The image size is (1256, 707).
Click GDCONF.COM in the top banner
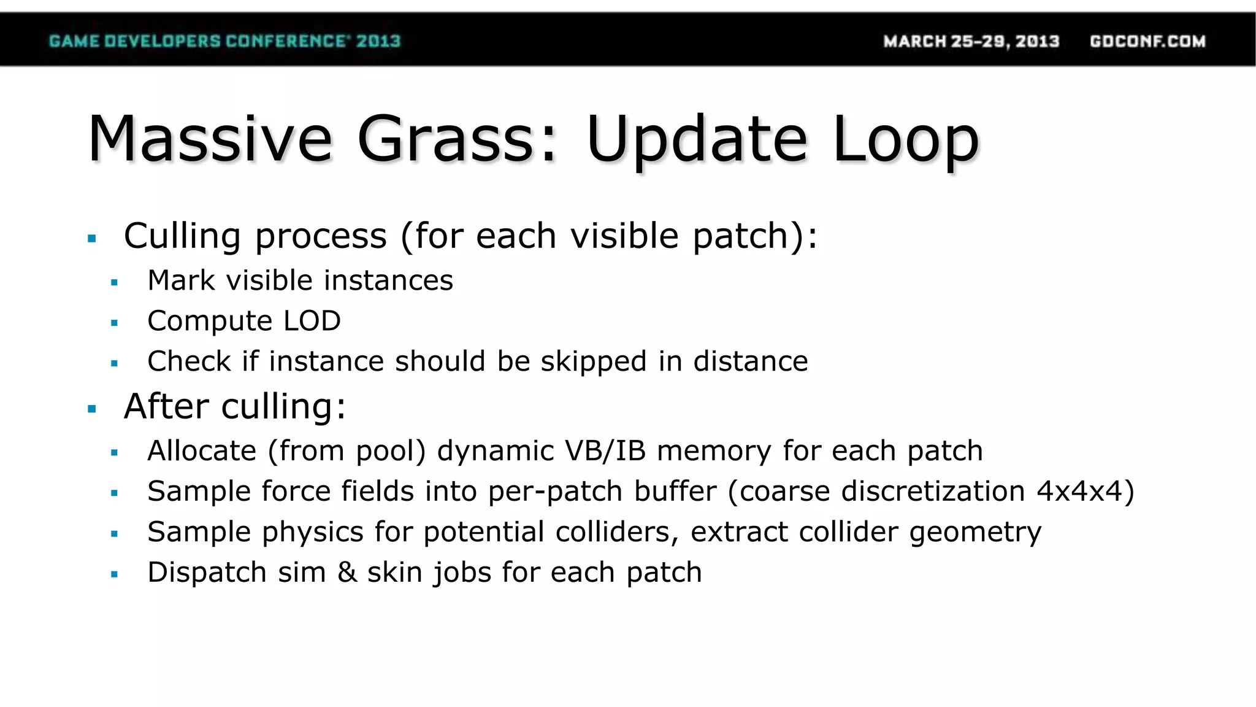click(1147, 41)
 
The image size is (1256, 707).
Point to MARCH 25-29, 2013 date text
click(971, 41)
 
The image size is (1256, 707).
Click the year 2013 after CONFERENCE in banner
click(378, 41)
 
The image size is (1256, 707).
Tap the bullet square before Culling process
click(92, 239)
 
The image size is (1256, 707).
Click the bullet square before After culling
click(92, 409)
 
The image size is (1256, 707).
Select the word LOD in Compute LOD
click(312, 321)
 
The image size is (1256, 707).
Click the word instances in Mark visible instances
click(388, 280)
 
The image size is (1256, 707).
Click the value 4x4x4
click(1079, 492)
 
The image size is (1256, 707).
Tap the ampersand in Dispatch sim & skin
click(347, 573)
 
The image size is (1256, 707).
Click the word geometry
click(975, 532)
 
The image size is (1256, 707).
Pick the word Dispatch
click(207, 573)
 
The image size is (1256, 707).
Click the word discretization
click(933, 492)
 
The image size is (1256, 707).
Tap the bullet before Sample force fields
click(114, 493)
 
